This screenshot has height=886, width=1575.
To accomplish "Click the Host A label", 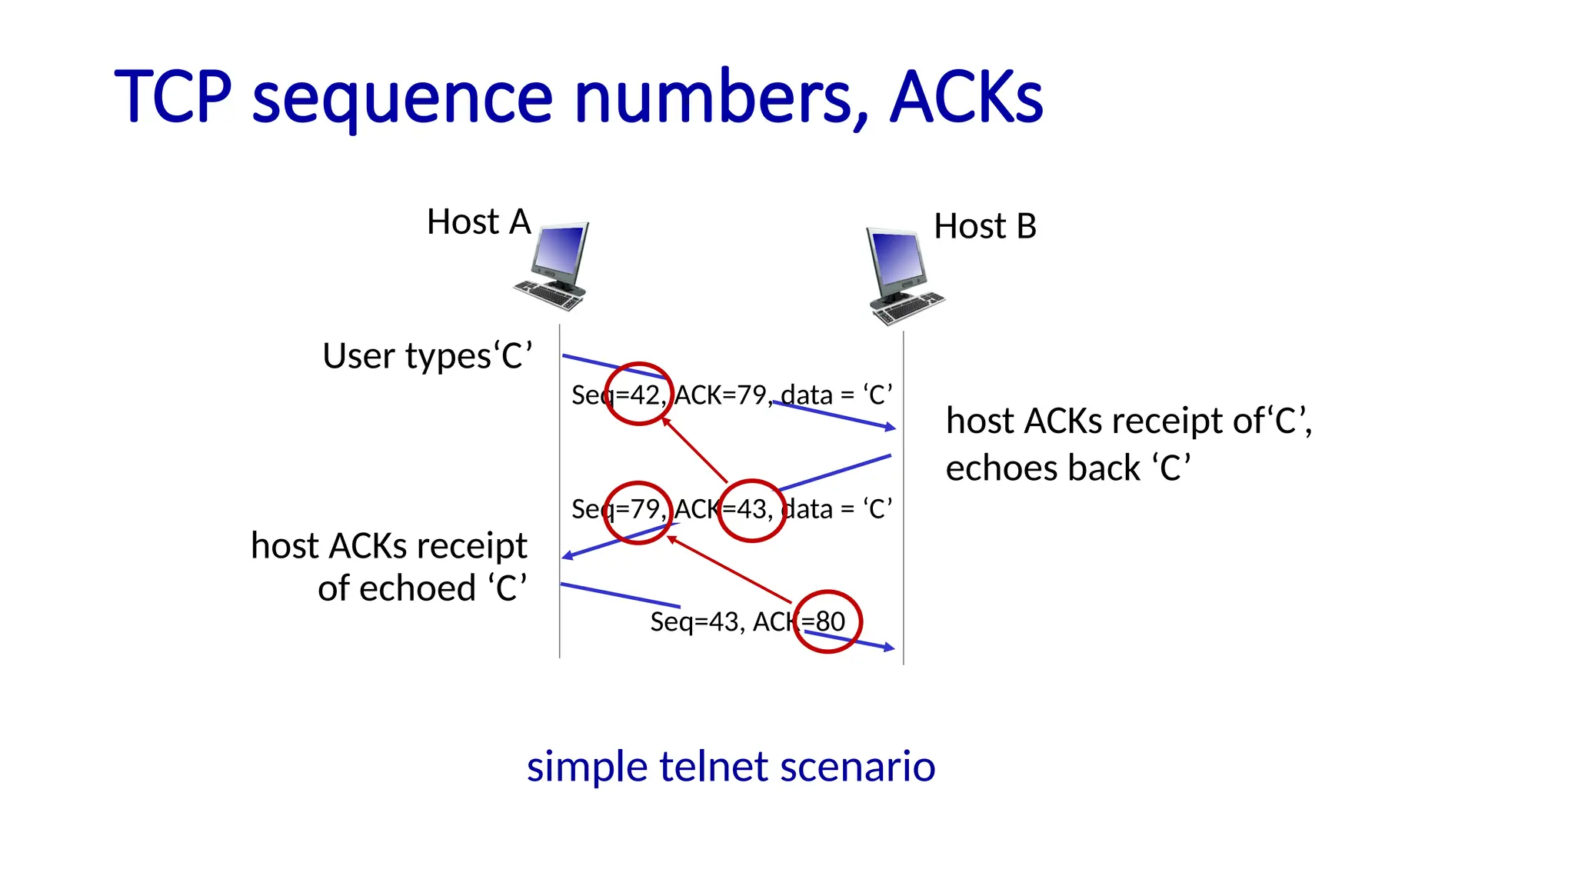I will point(478,222).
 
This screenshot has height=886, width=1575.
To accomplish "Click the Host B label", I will point(984,226).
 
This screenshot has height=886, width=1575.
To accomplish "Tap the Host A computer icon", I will point(554,266).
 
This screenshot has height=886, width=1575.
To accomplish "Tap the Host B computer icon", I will point(901,275).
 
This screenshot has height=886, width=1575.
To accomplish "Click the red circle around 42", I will point(638,394).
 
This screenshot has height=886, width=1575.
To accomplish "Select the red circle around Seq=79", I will point(638,512).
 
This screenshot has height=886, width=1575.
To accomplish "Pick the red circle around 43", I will point(751,511).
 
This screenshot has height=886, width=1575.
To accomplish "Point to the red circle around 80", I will point(827,621).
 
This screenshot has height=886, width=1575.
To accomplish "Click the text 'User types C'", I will point(427,356).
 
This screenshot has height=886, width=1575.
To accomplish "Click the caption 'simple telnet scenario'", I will point(731,767).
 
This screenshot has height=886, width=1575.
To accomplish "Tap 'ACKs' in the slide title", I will point(966,98).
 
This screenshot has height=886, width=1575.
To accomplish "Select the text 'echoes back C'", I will point(1067,468).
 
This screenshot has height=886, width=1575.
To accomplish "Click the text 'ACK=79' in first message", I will point(721,395).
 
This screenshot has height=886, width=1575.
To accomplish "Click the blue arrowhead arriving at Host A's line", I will point(568,555).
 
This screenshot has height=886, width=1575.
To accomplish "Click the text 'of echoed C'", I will point(422,588).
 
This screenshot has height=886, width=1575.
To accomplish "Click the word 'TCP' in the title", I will point(172,98).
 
